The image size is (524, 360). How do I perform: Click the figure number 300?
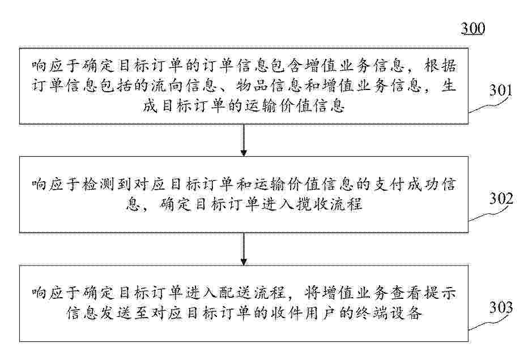(x=473, y=28)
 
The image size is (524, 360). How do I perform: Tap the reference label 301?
(x=501, y=90)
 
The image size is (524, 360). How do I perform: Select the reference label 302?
(x=501, y=199)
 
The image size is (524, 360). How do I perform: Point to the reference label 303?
(x=501, y=307)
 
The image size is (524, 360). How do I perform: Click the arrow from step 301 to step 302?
(x=244, y=140)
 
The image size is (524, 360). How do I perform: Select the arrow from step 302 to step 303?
(x=244, y=249)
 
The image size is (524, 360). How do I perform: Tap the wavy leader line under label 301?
(x=490, y=105)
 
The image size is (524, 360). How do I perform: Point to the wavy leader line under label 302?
(x=490, y=214)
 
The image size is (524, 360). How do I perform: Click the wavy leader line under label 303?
(x=490, y=323)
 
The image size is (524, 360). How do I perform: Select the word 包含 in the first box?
(x=287, y=66)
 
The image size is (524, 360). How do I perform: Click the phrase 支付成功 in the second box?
(x=406, y=184)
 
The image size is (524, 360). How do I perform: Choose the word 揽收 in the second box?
(x=312, y=204)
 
